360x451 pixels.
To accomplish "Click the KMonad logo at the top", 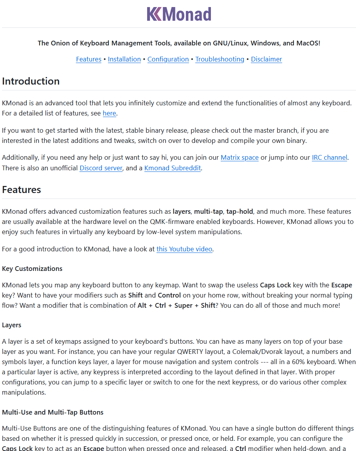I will tap(179, 14).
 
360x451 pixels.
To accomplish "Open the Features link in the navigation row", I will tap(88, 59).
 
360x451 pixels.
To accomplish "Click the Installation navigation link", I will tap(124, 59).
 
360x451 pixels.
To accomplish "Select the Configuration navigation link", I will tap(168, 59).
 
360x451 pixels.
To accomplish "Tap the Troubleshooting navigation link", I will tap(220, 59).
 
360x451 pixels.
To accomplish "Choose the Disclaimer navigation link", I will tap(266, 59).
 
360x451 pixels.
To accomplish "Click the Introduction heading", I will tap(31, 81).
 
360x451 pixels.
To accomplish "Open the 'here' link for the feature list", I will tap(109, 114).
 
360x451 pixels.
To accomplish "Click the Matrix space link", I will tap(239, 157).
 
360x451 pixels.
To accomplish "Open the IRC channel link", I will tap(329, 157).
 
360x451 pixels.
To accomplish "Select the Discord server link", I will tap(101, 168).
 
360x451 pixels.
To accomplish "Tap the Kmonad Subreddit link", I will tap(172, 168).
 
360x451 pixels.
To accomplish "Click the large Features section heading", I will tap(22, 189).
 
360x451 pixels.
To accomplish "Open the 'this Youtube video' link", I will tap(184, 249).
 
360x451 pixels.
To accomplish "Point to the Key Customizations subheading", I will tap(32, 269).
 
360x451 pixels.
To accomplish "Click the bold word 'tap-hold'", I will tap(240, 211).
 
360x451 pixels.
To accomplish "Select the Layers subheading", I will tap(12, 325).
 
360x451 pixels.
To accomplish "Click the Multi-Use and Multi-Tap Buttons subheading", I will tap(53, 412).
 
